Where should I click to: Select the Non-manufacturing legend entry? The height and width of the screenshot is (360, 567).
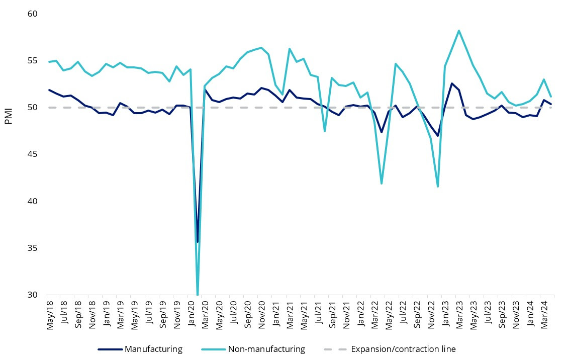(266, 349)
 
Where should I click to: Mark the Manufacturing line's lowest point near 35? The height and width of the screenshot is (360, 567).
(198, 242)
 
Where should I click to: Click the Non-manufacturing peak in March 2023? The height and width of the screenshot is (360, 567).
(459, 31)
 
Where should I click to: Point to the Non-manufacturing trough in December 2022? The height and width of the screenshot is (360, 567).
(438, 187)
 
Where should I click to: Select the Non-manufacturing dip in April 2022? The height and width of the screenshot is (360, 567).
(382, 184)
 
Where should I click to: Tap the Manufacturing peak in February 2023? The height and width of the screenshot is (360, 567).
(452, 83)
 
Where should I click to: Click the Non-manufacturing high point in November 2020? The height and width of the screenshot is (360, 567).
(261, 48)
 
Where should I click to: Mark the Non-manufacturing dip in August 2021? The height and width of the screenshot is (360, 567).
(325, 131)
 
